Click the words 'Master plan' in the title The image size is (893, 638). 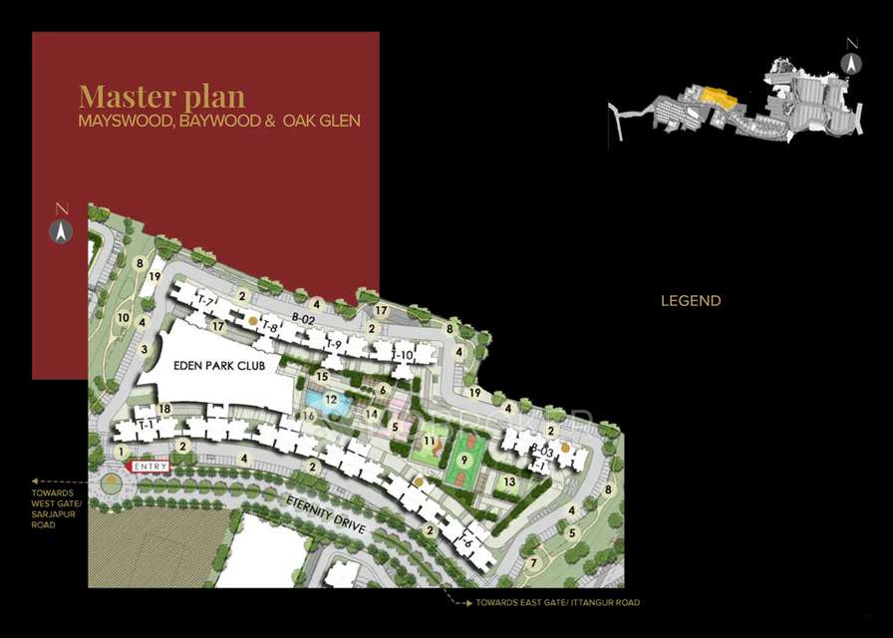pyautogui.click(x=161, y=97)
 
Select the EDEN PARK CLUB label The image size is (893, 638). pyautogui.click(x=213, y=365)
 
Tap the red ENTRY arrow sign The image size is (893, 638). pyautogui.click(x=149, y=466)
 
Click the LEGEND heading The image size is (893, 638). pyautogui.click(x=691, y=300)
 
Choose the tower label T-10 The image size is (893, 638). pyautogui.click(x=402, y=355)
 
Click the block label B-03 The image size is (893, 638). pyautogui.click(x=541, y=451)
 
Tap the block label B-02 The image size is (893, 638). pyautogui.click(x=303, y=318)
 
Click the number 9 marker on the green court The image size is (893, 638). pyautogui.click(x=463, y=460)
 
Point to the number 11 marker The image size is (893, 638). pyautogui.click(x=430, y=440)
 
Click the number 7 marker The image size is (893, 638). pyautogui.click(x=533, y=563)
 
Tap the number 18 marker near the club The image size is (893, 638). pyautogui.click(x=164, y=410)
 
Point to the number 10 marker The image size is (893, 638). pyautogui.click(x=124, y=318)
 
